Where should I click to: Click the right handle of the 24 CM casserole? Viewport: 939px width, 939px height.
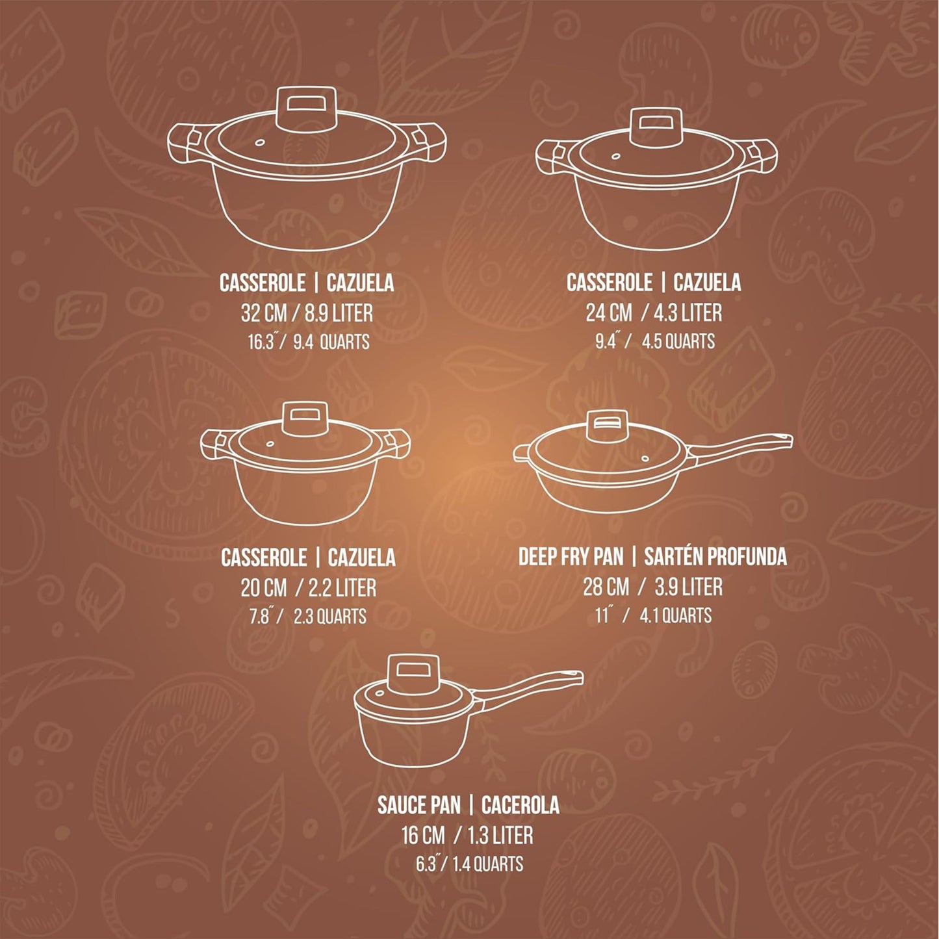[x=761, y=157]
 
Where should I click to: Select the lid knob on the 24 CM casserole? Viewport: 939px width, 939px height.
[x=656, y=127]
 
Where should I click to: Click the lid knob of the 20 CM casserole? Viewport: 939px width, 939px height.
[x=305, y=420]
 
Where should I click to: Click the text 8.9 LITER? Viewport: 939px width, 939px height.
[x=339, y=313]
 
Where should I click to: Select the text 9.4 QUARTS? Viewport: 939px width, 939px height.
[x=331, y=342]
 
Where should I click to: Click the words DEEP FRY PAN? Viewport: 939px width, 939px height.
[x=571, y=557]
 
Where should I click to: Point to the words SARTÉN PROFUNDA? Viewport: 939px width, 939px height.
[x=715, y=557]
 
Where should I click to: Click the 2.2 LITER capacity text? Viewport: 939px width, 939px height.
[x=342, y=588]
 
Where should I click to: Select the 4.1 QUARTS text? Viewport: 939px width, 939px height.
[x=675, y=616]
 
